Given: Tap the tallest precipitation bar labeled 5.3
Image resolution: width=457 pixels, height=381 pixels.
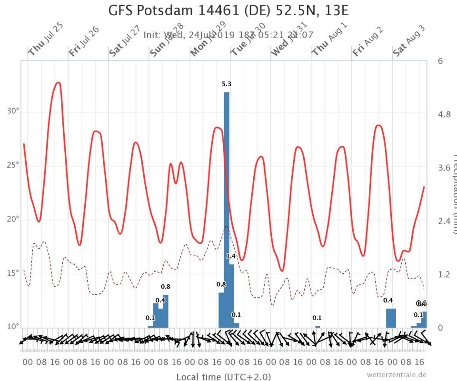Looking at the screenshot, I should tap(227, 210).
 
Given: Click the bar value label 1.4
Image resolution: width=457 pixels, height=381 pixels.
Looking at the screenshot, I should tap(231, 257).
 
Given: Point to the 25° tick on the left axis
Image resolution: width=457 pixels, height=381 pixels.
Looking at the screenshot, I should tap(13, 165).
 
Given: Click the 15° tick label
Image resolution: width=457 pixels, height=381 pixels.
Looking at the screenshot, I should tap(13, 273).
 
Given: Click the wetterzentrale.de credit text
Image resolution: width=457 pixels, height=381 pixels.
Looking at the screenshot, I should tap(397, 374).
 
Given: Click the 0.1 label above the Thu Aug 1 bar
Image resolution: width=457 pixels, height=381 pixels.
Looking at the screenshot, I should tap(317, 318).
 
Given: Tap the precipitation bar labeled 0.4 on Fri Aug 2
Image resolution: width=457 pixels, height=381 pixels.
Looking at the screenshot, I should tap(391, 318).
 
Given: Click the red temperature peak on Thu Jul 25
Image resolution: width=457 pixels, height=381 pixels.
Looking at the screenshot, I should tap(58, 83).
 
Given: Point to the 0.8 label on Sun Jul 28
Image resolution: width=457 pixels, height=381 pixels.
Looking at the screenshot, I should tap(166, 287).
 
